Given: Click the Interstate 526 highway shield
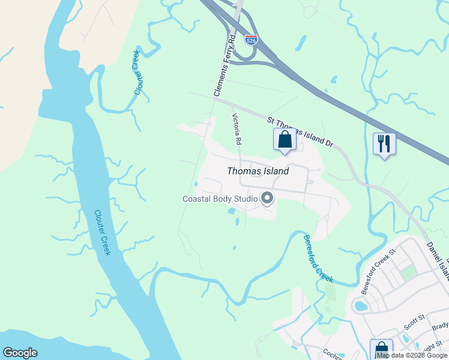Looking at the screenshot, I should coord(252,40).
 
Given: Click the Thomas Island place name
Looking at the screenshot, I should coord(258,171).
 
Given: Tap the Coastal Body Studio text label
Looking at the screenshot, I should coord(220,199).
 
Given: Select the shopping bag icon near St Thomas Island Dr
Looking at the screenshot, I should coord(285,140).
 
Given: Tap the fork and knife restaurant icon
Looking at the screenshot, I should coord(384,144).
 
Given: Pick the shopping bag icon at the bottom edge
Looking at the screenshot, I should coord(381,349).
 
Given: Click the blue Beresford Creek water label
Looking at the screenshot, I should coord(318,259).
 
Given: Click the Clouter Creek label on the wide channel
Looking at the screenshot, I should coord(103,232).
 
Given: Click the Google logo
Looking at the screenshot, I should coord(20,353).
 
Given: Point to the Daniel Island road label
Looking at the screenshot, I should coord(437,258).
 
